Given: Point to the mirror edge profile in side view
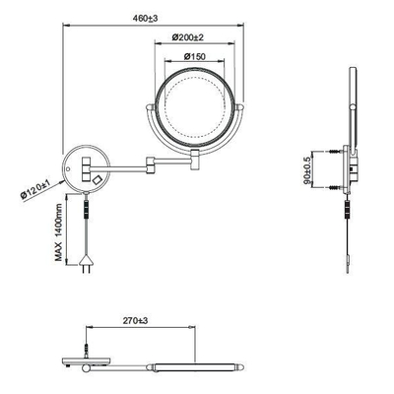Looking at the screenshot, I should (357, 103).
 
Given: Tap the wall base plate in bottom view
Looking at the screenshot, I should (90, 362).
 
